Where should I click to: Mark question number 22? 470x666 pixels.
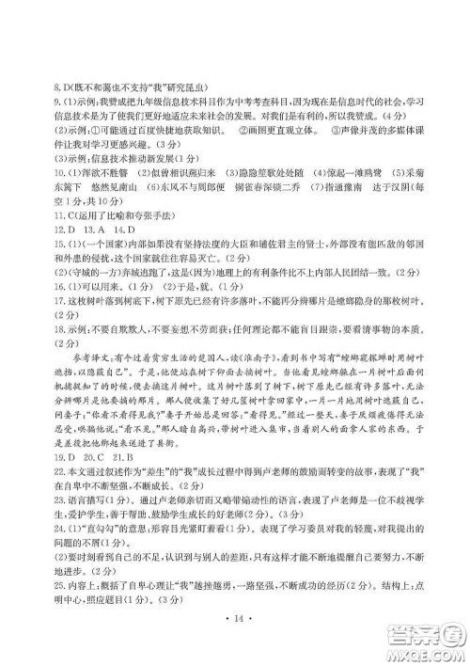tap(61, 489)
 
